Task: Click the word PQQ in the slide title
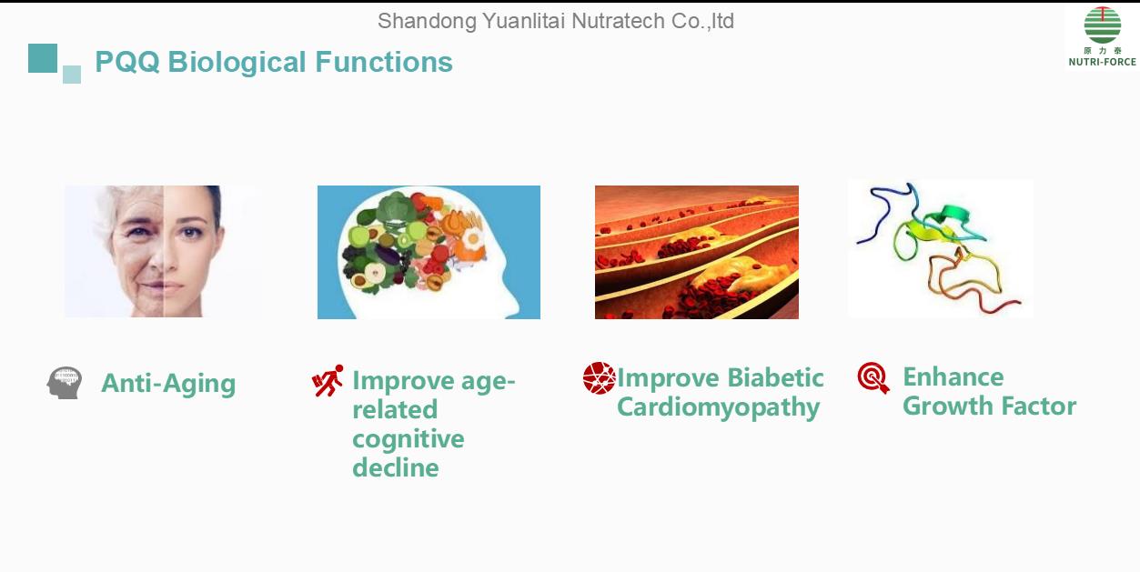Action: [x=127, y=62]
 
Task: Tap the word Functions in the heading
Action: [x=384, y=62]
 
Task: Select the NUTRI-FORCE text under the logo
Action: [x=1103, y=62]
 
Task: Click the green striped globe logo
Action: [x=1103, y=25]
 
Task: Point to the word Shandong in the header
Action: [x=427, y=22]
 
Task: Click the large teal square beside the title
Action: [x=43, y=58]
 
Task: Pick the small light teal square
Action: [x=72, y=75]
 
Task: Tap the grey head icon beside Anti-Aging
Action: [x=64, y=383]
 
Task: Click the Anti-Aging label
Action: [x=168, y=384]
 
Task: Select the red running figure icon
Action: [x=328, y=380]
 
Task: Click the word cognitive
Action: [x=409, y=439]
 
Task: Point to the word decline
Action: [x=396, y=467]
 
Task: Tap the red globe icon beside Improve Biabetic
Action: [x=599, y=378]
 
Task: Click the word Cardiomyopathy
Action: [x=718, y=407]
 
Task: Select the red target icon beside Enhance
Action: [x=873, y=377]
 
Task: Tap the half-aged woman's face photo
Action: [x=164, y=252]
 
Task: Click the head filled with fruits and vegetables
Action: [x=429, y=253]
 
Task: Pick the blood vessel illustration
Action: [x=697, y=253]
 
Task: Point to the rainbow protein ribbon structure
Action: [x=940, y=249]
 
